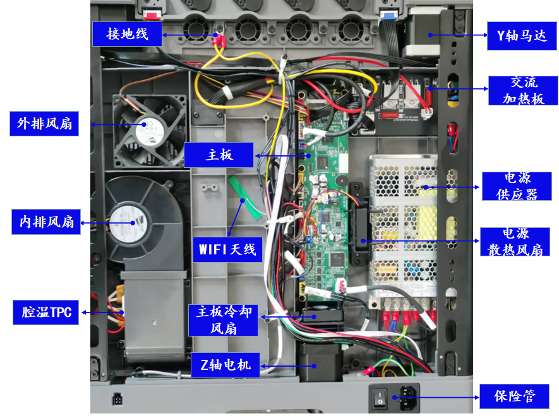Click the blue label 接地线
127,34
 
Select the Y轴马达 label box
522,35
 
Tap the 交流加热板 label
523,90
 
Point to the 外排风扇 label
44,124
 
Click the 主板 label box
219,155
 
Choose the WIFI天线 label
227,250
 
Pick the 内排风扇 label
46,222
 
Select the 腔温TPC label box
45,312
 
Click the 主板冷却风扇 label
223,320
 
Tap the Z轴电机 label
225,365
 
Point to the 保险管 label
514,396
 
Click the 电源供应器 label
517,186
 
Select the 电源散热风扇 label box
515,242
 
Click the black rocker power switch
380,398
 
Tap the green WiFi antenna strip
246,198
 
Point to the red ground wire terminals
219,40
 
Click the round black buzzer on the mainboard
340,180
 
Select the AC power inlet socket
408,398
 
